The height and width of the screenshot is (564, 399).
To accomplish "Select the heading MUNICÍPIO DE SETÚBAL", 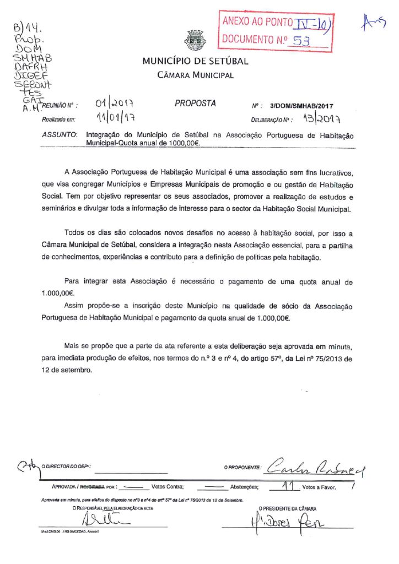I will coord(195,61).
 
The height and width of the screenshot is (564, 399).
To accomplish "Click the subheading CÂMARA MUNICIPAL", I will coord(195,75).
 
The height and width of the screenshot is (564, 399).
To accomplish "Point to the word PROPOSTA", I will coord(195,104).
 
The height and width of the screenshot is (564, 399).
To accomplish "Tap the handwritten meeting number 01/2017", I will coord(115,104).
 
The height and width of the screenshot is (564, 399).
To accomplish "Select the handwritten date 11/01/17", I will coord(116,118).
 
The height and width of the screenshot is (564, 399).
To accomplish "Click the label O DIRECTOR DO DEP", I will coord(66,467).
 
